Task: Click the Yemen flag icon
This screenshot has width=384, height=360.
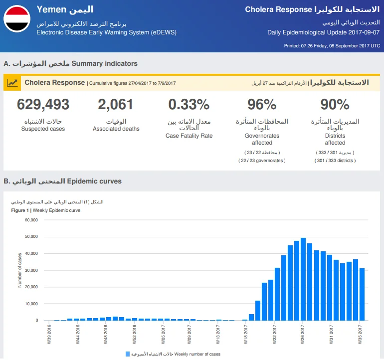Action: (x=17, y=19)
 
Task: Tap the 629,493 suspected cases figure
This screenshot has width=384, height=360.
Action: (x=43, y=104)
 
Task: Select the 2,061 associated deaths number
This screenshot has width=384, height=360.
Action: (x=116, y=104)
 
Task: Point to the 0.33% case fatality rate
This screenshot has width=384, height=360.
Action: (x=189, y=104)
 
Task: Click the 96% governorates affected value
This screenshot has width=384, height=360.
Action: (x=262, y=104)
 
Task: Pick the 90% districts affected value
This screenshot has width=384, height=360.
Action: (x=335, y=104)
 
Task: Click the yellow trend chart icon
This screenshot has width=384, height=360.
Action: (x=12, y=83)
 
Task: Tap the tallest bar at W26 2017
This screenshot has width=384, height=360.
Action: (x=303, y=279)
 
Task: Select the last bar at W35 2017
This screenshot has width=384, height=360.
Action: (x=362, y=294)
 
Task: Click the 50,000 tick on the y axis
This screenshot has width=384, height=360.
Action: (x=31, y=236)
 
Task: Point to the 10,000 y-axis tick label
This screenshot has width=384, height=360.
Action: (x=31, y=304)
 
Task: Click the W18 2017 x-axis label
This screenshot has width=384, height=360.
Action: (x=246, y=334)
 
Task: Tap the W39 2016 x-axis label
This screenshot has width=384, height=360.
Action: (x=49, y=334)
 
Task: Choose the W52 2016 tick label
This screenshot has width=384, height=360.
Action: (x=134, y=334)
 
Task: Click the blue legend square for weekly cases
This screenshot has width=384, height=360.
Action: (x=128, y=354)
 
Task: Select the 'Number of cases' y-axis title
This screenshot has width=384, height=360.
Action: (x=20, y=270)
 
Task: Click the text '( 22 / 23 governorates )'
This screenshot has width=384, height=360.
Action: (x=262, y=161)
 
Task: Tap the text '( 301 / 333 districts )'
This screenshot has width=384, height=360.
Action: (x=335, y=161)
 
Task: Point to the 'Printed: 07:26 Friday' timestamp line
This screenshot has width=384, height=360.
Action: (x=332, y=46)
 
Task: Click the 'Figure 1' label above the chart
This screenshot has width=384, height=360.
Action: (x=20, y=210)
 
